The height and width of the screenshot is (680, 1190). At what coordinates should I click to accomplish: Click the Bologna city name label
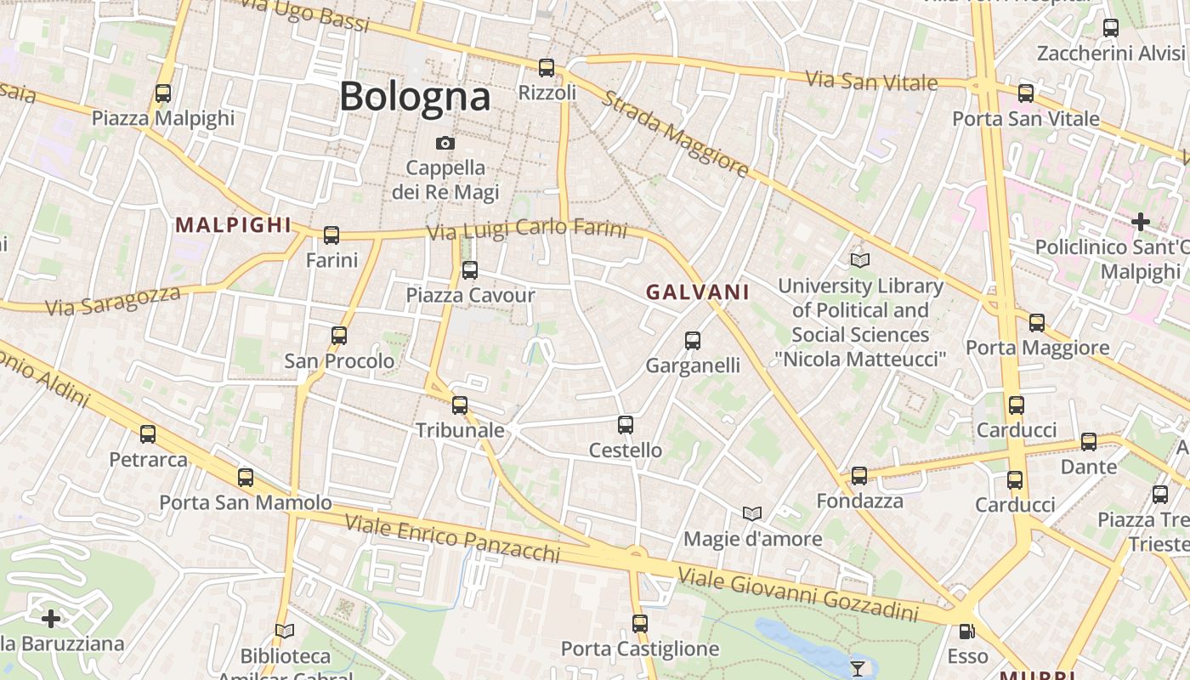415,97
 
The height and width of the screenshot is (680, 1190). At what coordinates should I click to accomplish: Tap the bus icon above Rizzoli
547,68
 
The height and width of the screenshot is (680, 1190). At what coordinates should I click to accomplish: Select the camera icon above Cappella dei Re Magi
445,143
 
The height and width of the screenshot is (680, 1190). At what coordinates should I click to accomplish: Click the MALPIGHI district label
233,225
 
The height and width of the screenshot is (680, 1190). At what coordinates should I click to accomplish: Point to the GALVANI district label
697,292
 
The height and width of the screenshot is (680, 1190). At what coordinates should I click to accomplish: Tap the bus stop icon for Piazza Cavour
469,270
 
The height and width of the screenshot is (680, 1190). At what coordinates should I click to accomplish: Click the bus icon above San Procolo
339,336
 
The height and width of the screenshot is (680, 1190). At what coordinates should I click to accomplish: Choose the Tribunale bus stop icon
460,405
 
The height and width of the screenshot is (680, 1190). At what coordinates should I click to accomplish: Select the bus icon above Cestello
626,425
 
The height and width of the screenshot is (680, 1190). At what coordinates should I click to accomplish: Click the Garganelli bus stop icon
693,341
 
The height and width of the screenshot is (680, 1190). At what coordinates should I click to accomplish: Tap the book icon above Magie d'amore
752,513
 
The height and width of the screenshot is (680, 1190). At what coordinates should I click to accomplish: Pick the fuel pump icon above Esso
966,631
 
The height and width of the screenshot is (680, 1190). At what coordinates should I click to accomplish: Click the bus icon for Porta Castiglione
640,624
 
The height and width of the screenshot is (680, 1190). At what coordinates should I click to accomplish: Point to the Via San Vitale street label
871,82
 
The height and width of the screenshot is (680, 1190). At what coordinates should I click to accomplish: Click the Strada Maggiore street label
676,133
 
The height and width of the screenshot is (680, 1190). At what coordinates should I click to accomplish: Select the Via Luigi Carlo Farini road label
526,230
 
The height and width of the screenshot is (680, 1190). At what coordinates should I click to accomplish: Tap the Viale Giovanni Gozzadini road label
798,597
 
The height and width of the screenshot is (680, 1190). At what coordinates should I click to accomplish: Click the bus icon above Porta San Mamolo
246,478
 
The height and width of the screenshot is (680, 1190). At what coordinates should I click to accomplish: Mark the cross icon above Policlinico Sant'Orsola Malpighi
1140,223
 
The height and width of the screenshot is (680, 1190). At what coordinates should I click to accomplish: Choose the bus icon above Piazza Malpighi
163,93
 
